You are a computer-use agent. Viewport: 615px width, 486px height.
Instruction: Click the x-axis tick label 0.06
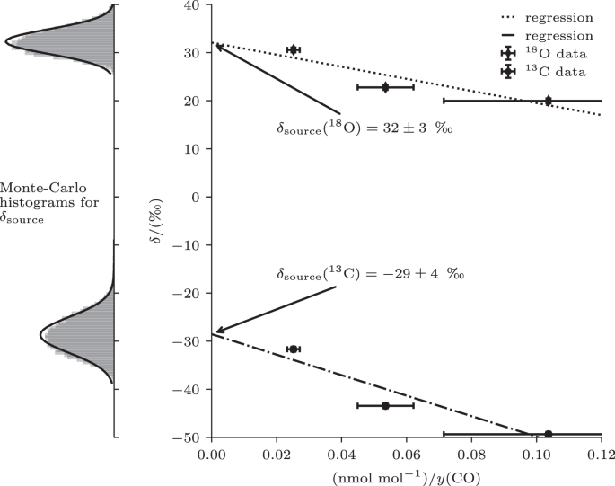tap(406, 454)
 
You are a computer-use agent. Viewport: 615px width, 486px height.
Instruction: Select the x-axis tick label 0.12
tap(601, 454)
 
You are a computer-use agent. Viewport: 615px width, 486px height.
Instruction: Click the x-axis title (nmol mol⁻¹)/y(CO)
tap(406, 476)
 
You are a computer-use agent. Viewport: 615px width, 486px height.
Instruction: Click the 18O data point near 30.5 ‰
tap(293, 49)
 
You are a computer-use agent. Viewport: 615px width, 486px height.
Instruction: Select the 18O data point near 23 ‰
tap(385, 87)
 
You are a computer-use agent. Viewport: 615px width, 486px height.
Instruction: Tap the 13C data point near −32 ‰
tap(293, 349)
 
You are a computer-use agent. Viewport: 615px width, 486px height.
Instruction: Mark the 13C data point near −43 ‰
tap(385, 405)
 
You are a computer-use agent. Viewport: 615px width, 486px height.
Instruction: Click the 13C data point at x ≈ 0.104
tap(549, 434)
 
